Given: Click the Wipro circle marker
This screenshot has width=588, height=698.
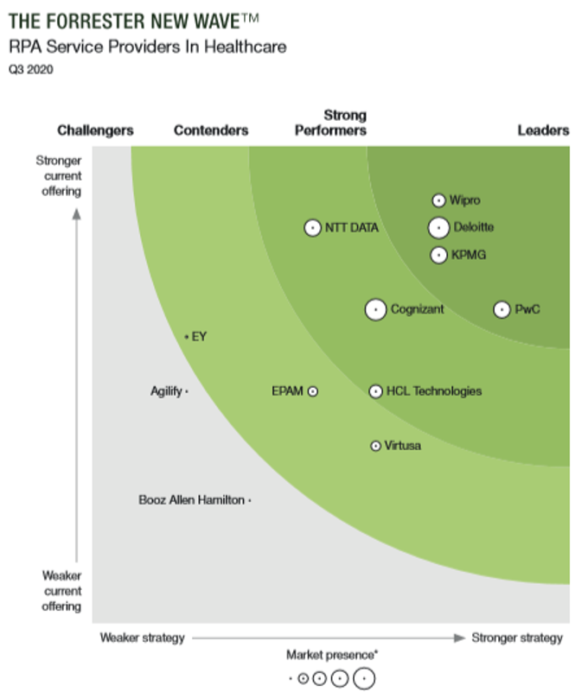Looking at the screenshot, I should pos(438,200).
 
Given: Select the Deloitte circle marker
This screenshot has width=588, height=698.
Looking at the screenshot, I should pos(438,228).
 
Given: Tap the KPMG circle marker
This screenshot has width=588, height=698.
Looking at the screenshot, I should pos(438,255).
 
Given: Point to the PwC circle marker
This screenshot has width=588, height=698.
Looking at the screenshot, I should pos(502,309).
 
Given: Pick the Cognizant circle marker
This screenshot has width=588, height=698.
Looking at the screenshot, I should pos(375,309).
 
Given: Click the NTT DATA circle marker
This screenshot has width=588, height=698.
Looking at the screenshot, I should pos(313,228).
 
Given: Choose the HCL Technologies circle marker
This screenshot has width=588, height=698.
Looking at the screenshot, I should pos(375,391).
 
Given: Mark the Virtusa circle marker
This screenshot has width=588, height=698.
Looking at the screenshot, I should pos(375,446).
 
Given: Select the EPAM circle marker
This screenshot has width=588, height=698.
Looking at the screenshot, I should pos(313,391).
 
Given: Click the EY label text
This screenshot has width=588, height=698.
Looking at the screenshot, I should pos(199,336).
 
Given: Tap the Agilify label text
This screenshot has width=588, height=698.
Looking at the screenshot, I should pos(167,391).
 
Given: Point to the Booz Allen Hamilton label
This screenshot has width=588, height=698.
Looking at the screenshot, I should pos(192,500).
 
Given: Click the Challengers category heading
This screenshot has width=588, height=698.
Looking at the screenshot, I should pos(95,130).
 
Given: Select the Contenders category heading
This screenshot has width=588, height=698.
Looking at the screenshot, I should pos(211,130).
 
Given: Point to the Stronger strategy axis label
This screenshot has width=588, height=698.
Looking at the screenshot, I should pos(517,638).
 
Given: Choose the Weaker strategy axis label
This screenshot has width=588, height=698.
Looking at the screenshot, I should pos(143,638).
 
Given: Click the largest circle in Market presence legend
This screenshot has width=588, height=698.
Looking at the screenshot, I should pos(364,679).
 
